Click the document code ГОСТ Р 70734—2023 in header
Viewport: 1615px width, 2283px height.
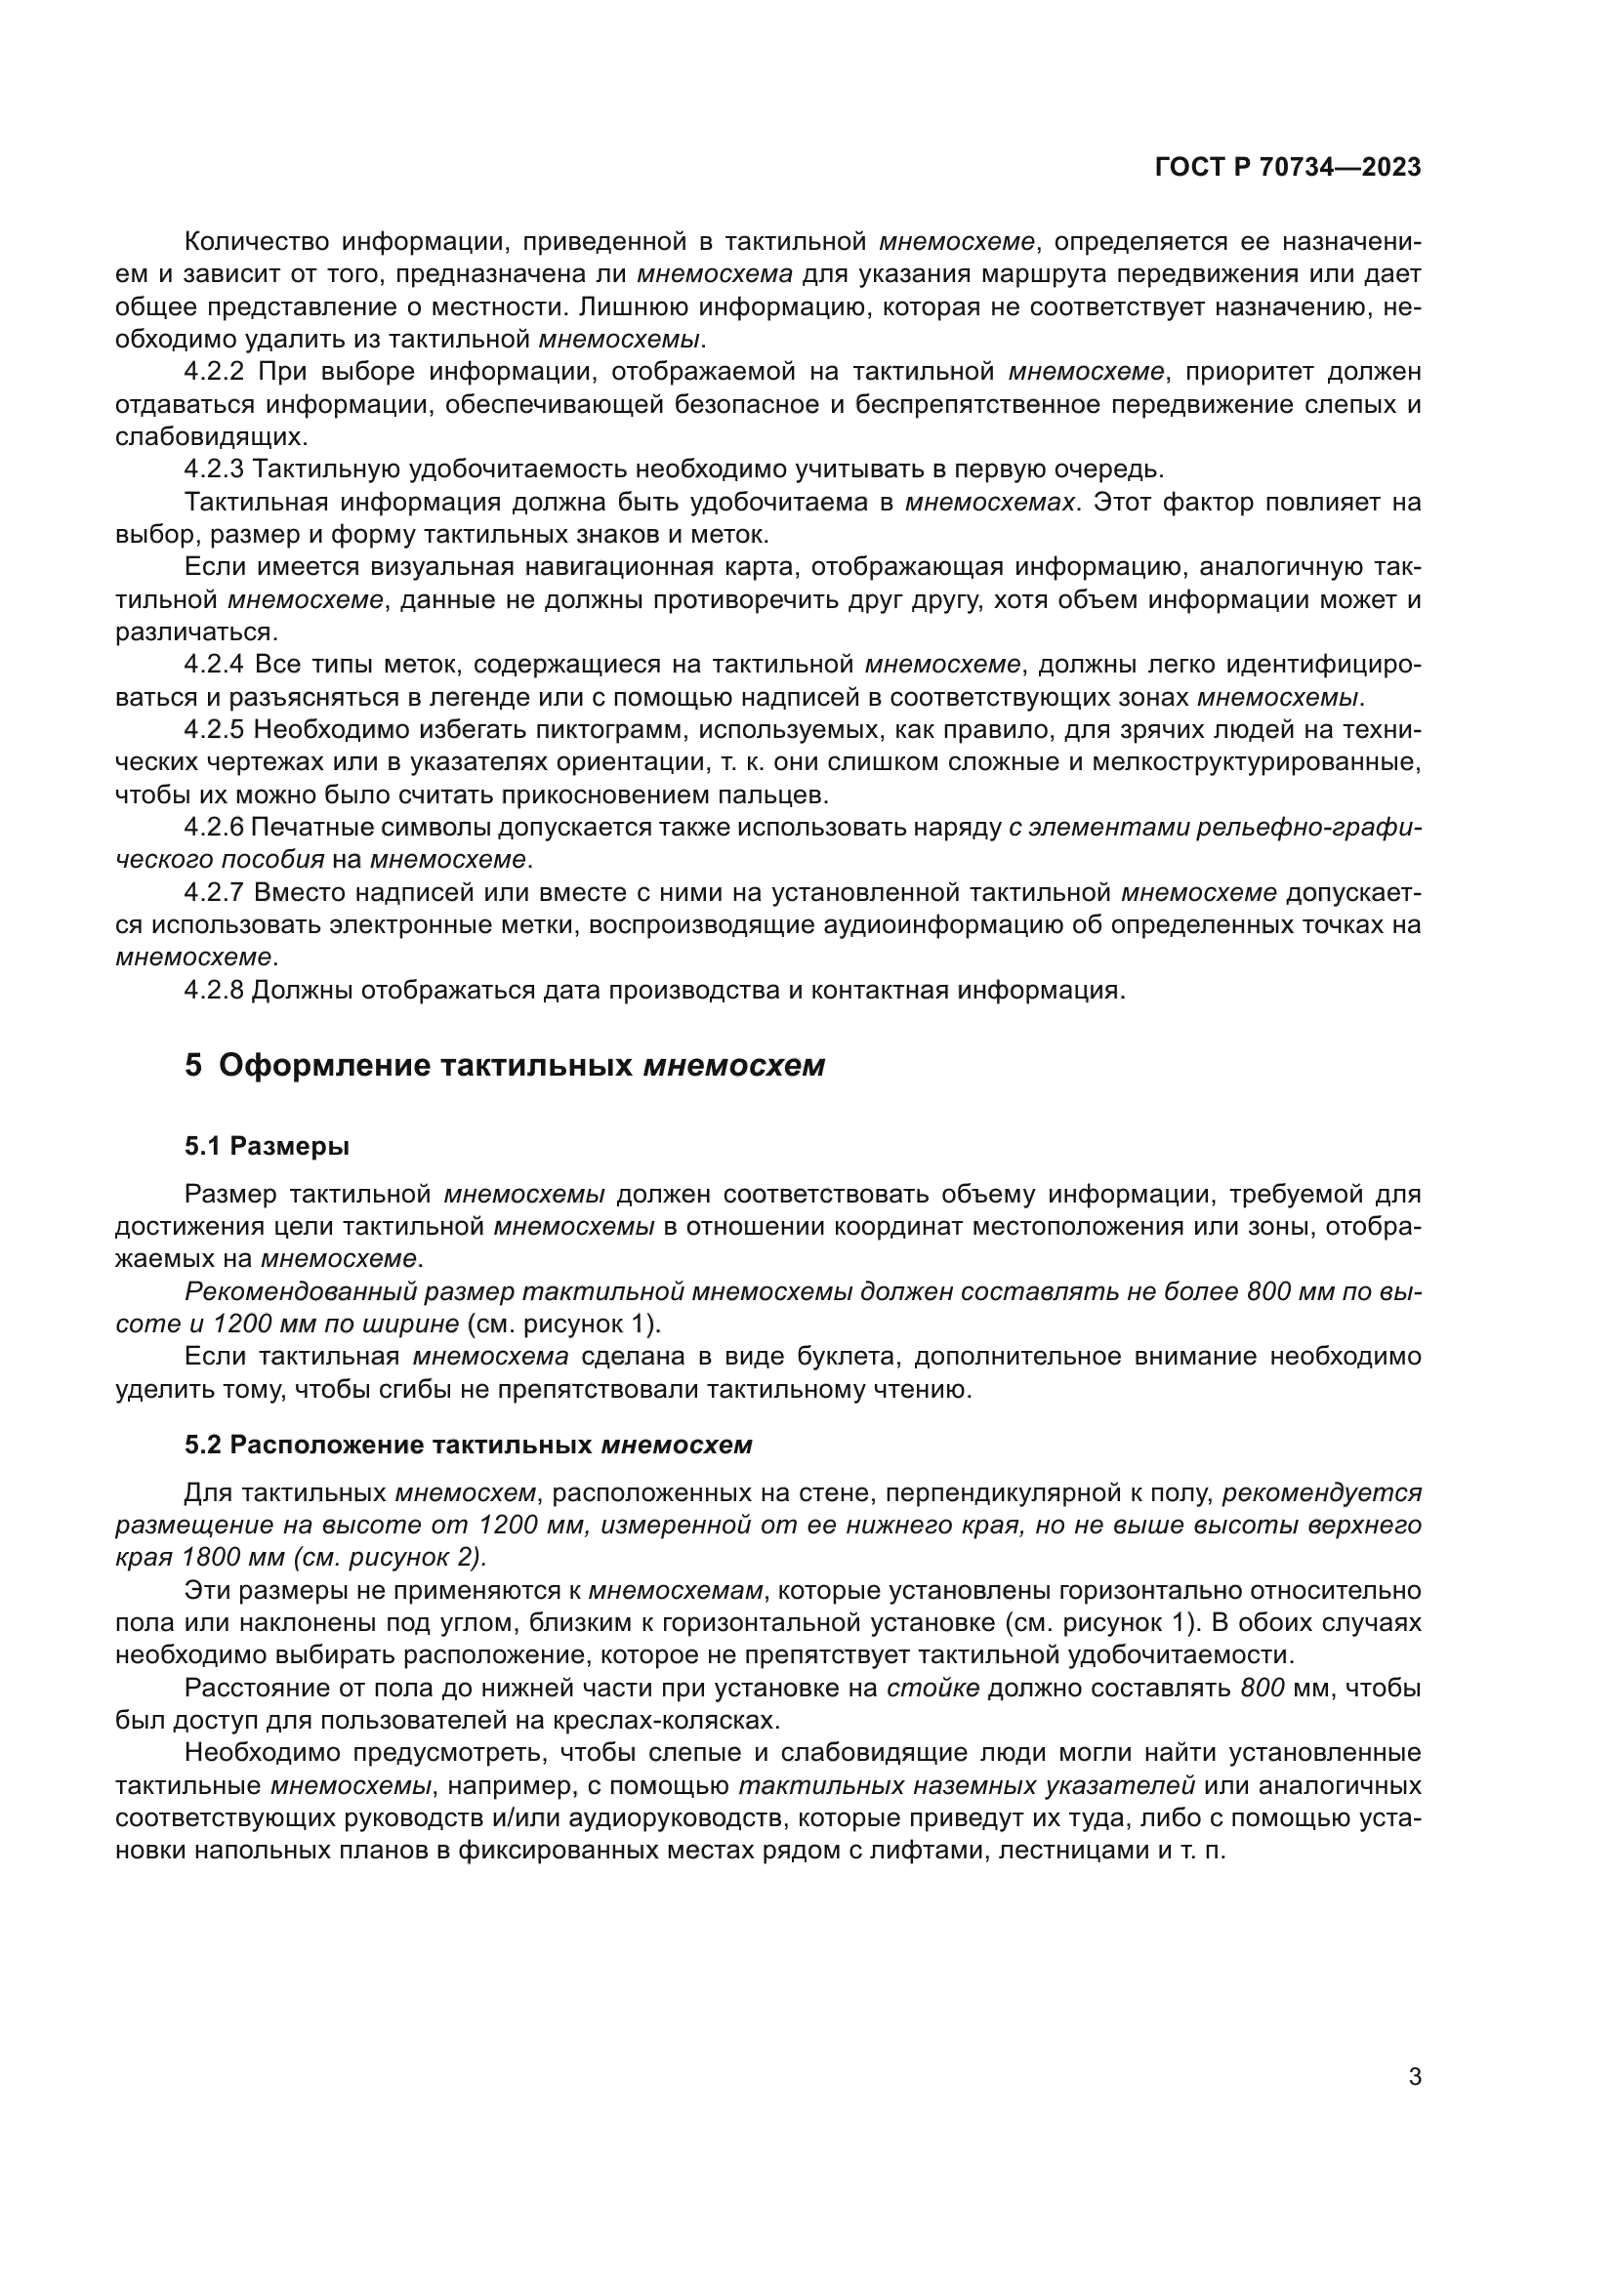[x=1288, y=168]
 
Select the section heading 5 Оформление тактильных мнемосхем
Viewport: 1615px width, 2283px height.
[x=504, y=1066]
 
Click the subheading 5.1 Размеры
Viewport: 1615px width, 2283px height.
[x=267, y=1147]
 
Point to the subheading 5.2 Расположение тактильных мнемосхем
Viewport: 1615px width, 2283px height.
[x=468, y=1445]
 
